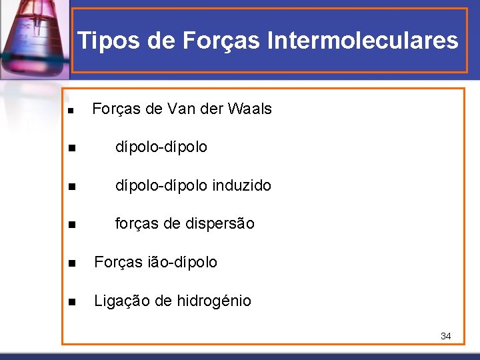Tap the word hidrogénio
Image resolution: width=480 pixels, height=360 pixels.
pyautogui.click(x=214, y=301)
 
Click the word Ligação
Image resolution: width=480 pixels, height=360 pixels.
pyautogui.click(x=121, y=301)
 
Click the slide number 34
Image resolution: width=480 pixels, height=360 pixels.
pyautogui.click(x=445, y=336)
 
